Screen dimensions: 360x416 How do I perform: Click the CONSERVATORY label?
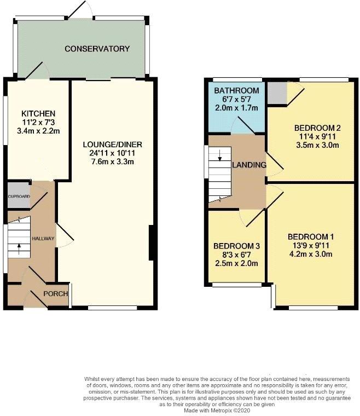pos(97,49)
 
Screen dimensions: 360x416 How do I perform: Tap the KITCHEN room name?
pos(38,114)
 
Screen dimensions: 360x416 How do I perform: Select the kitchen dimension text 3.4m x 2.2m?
pos(38,131)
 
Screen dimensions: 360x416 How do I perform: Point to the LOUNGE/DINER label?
pos(112,145)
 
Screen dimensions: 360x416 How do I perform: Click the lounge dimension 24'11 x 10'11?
pos(112,153)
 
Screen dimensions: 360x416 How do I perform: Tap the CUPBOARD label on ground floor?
pos(19,197)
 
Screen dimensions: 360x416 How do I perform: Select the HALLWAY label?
pos(43,239)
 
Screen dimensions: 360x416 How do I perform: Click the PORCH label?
pos(56,294)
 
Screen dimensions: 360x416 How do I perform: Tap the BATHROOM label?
pos(236,91)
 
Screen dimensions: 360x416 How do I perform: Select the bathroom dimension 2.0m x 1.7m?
pos(236,108)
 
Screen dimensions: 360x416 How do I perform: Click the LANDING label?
pos(249,165)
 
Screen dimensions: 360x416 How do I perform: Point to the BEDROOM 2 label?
pos(317,128)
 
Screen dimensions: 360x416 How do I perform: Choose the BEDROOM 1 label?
pos(311,236)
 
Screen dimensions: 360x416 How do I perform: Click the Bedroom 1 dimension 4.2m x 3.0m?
pos(311,254)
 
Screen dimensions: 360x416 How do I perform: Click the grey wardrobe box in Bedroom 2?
pos(277,93)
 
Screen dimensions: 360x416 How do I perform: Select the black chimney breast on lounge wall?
pos(152,242)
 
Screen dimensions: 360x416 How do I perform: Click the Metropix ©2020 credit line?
pos(217,411)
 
